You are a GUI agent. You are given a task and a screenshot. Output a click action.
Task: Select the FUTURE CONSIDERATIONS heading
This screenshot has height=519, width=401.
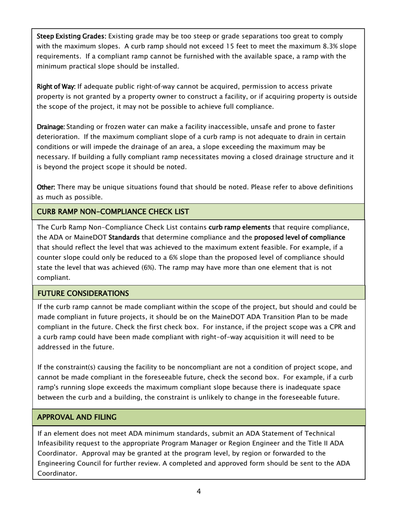(83, 293)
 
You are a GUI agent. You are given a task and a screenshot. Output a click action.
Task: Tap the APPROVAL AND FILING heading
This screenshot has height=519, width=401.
(77, 417)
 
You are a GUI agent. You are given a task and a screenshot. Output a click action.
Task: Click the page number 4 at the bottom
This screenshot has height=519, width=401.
(198, 491)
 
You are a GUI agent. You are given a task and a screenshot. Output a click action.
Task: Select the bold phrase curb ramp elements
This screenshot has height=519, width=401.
(239, 227)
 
